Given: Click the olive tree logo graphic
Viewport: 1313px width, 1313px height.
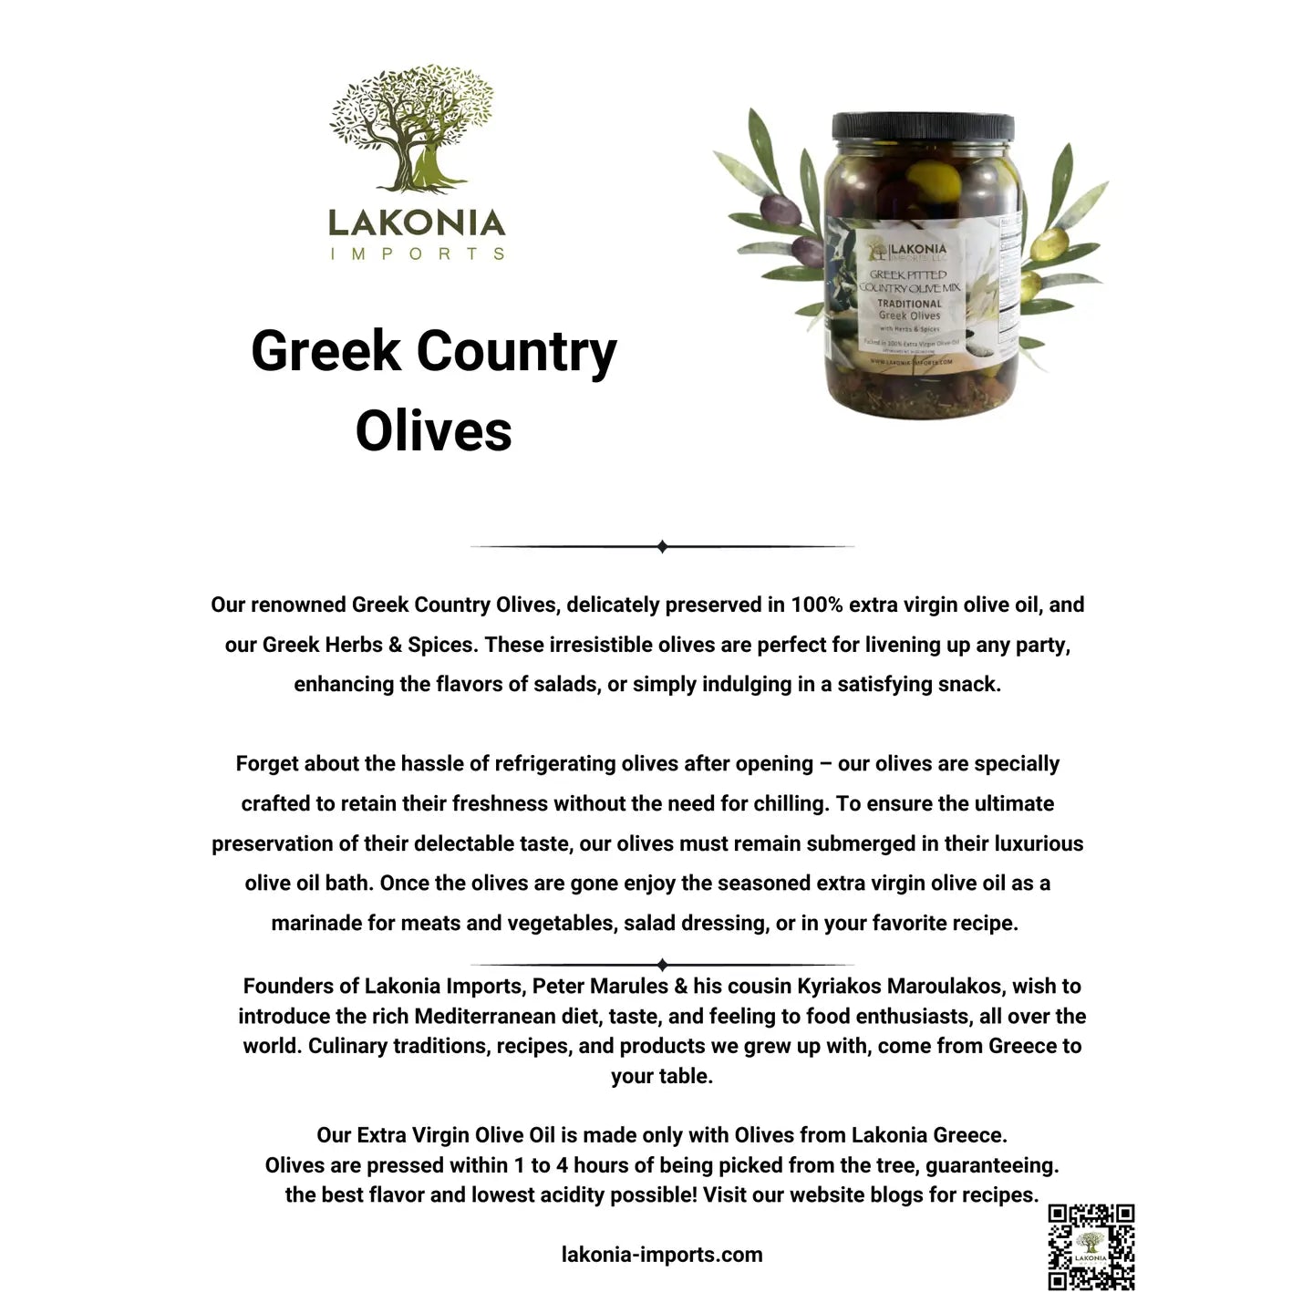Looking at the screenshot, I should click(411, 128).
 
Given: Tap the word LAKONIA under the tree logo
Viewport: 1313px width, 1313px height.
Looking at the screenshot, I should click(417, 222).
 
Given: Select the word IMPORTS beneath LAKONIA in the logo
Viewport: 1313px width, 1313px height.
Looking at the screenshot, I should click(417, 253).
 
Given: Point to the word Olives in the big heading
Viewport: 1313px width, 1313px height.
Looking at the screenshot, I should click(434, 430).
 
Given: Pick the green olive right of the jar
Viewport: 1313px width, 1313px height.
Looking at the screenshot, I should click(1051, 243).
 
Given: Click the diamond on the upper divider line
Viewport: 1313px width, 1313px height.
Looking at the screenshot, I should click(663, 547).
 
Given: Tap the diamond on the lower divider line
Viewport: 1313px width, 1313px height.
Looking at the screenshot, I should click(663, 965).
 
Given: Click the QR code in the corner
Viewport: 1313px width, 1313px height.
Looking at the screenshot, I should click(1091, 1246).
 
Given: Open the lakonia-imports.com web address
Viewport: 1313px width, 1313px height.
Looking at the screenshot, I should click(662, 1255).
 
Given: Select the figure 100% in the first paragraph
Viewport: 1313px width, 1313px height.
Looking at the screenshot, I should click(816, 605).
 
